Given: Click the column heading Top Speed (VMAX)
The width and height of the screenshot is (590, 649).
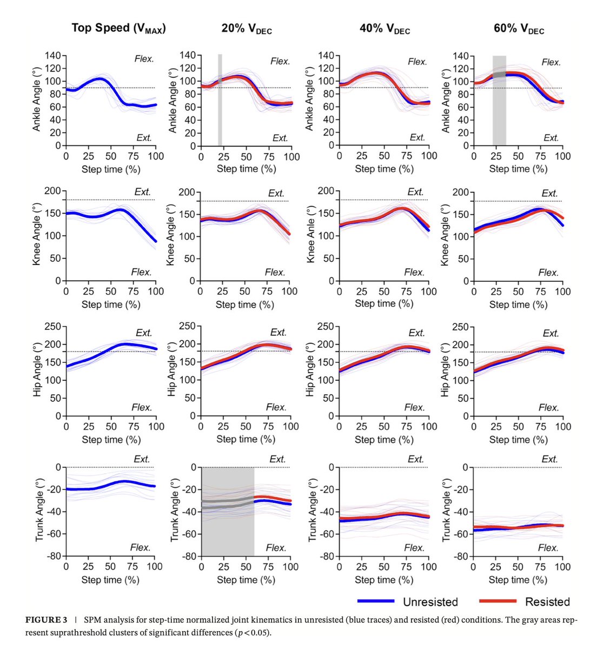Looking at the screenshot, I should click(118, 28).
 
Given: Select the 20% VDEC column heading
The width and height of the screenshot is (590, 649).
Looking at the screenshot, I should click(246, 29).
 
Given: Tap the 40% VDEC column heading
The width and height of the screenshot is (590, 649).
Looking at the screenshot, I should click(385, 29).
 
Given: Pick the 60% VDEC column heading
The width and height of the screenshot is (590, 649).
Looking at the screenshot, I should click(519, 29).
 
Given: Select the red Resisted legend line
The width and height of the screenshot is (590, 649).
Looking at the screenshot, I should click(497, 601).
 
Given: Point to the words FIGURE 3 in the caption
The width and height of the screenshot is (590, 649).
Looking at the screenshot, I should click(49, 620).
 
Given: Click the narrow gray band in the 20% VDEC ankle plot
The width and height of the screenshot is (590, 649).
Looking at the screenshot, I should click(220, 100).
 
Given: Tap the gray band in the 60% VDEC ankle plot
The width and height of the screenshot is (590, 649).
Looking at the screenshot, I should click(499, 100).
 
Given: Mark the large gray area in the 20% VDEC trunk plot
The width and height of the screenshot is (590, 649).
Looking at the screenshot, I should click(228, 511).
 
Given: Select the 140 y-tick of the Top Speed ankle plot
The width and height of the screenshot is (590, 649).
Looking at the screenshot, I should click(53, 55).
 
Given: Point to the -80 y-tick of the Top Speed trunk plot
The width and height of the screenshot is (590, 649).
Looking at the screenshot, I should click(52, 556).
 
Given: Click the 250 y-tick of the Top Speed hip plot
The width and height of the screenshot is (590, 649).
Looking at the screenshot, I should click(53, 326).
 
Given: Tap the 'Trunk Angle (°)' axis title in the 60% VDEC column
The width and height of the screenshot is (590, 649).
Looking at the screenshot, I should click(446, 511).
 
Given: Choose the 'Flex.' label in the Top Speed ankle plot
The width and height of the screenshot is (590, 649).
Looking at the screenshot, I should click(144, 58).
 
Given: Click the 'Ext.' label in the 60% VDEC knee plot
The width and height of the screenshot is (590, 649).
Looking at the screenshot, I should click(549, 193).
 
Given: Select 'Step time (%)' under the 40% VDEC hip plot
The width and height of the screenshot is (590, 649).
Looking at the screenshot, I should click(384, 440).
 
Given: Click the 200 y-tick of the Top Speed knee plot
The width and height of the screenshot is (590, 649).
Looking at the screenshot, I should click(53, 191).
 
